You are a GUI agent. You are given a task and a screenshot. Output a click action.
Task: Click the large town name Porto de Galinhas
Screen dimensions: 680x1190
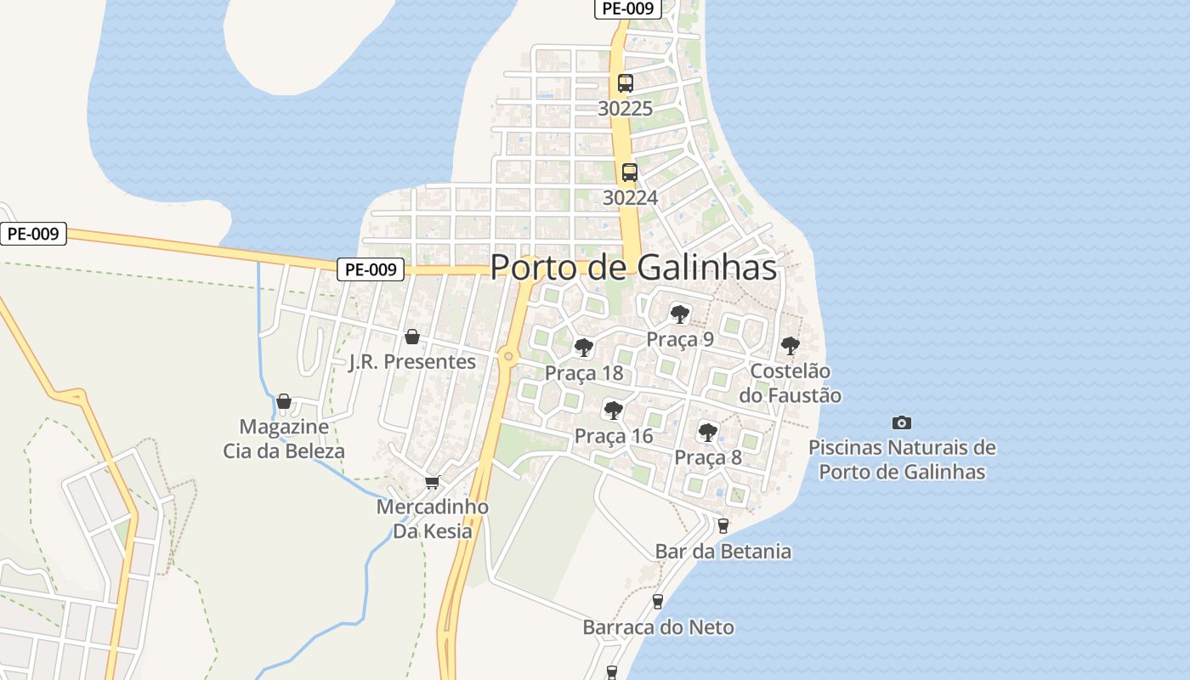633,267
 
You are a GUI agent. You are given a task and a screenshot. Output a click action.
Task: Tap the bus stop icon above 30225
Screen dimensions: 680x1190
626,83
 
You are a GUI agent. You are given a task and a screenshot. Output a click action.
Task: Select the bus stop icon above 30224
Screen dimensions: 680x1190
629,173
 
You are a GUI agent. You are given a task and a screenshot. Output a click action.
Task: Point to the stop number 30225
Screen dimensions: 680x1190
626,109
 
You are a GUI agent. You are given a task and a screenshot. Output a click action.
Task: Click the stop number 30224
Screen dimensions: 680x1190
630,198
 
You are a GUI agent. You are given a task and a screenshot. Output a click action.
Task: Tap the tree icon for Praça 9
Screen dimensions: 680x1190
679,314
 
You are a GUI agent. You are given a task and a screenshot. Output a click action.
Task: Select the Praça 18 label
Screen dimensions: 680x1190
584,373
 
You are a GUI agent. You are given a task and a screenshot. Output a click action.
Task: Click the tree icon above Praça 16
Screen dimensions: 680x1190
613,411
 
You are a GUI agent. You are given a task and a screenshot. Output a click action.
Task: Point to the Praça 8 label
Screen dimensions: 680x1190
708,458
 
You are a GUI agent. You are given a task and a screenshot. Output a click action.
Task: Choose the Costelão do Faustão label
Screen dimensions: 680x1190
790,383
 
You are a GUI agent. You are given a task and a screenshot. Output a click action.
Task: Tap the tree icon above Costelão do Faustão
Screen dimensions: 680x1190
790,346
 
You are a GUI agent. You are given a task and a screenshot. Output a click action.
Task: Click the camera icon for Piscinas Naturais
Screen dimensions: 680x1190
902,422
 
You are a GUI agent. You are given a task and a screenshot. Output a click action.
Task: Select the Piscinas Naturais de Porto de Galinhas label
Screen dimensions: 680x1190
902,459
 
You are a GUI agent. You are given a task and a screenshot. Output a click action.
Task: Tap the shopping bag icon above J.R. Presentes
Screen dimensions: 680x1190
412,337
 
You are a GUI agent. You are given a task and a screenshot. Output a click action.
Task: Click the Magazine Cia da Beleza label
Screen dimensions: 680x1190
284,439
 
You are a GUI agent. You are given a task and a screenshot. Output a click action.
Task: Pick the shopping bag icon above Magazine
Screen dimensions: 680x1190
284,401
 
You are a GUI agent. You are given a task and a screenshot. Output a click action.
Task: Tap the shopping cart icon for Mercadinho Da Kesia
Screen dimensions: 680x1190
432,483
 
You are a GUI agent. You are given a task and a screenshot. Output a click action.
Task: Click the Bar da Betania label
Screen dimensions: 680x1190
723,552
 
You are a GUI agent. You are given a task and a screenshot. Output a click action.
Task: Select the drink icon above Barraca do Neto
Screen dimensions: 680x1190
657,602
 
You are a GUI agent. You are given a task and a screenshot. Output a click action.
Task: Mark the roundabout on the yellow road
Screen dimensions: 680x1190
509,356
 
